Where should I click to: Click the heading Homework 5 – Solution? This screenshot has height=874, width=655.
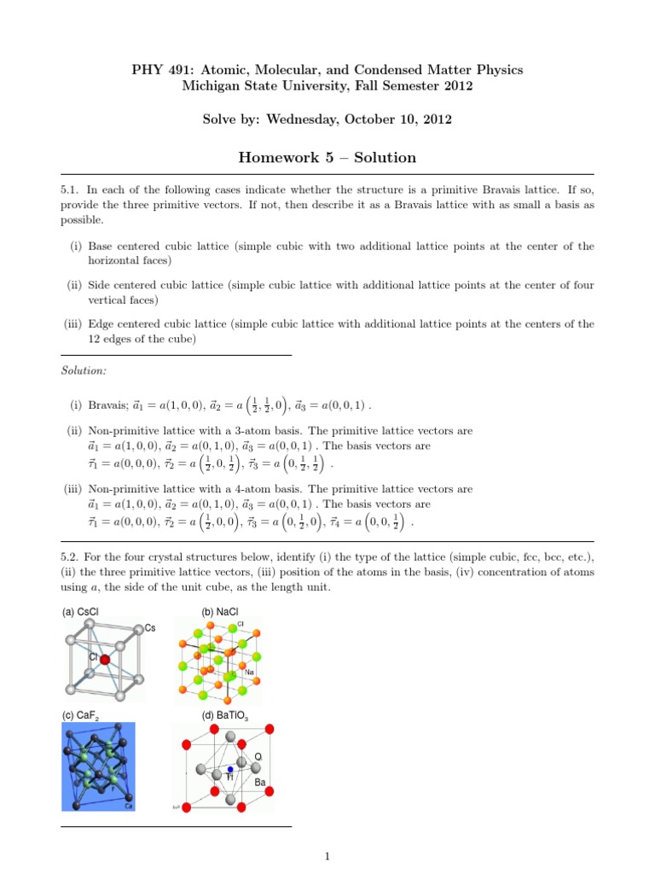tap(327, 157)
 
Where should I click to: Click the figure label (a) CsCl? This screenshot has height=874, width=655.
tap(80, 612)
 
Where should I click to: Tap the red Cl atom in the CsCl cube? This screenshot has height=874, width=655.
tap(105, 659)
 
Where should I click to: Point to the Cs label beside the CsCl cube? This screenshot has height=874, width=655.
tap(150, 628)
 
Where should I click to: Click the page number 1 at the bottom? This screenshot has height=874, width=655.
tap(327, 856)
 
